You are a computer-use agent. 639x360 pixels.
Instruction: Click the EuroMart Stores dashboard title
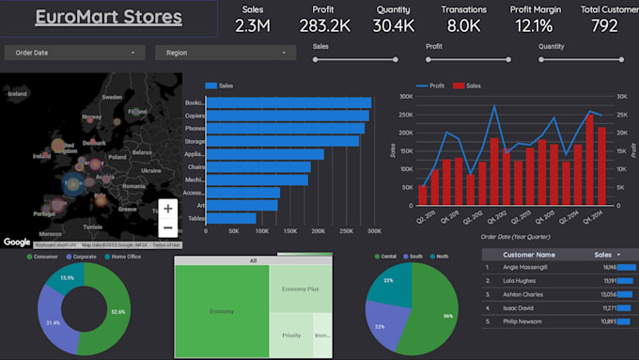tap(108, 17)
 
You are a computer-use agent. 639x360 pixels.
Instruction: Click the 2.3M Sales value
tap(252, 25)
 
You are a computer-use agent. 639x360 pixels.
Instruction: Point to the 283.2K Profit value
tap(325, 25)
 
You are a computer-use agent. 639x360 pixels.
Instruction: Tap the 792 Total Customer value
tap(605, 25)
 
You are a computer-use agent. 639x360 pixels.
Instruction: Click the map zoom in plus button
tap(167, 209)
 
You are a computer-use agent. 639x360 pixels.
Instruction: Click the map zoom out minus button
tap(167, 227)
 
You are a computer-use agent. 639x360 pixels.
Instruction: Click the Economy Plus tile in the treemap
tap(301, 290)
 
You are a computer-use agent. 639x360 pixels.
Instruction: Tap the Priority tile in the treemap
tap(290, 335)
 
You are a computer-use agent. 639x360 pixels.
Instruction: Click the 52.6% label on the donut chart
tap(117, 312)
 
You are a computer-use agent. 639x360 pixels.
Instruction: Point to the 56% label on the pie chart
tap(447, 317)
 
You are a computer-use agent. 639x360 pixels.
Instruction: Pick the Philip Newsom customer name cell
tap(530, 321)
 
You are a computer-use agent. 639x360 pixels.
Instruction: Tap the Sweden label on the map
tap(112, 96)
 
